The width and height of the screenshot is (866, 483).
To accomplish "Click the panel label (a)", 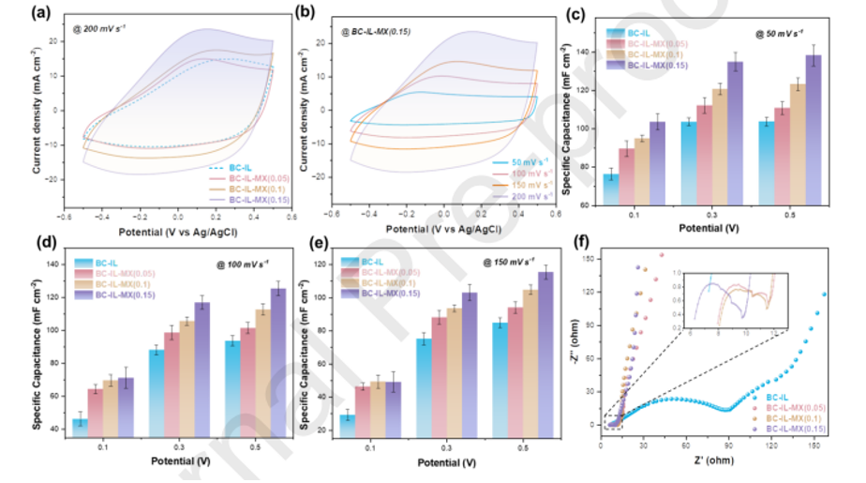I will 41,13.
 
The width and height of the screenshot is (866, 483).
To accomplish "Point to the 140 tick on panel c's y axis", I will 588,52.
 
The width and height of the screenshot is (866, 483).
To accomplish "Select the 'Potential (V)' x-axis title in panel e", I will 442,462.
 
